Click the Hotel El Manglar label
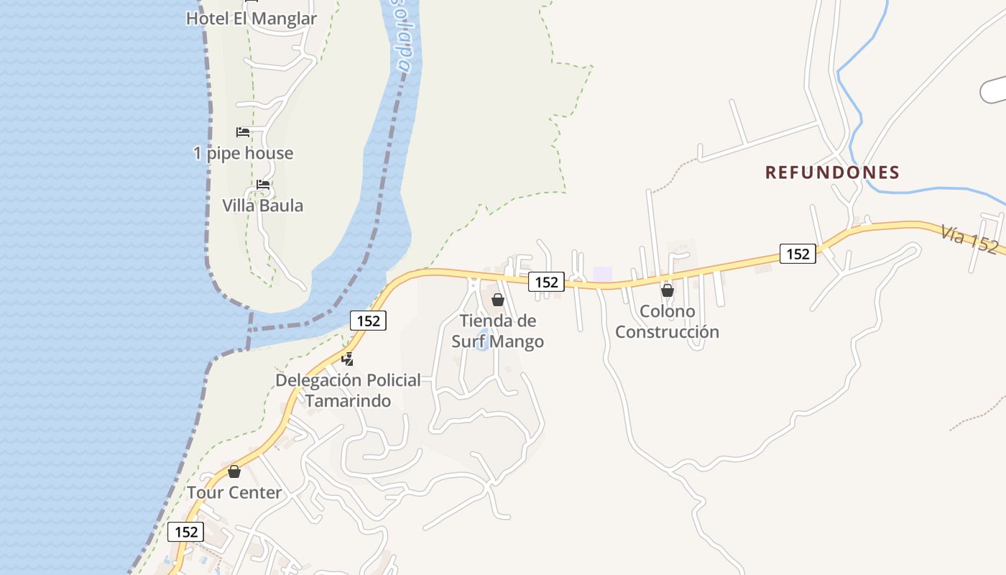pos(251,19)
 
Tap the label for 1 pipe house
pos(243,153)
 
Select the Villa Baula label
pos(262,206)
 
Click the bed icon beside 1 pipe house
pos(243,132)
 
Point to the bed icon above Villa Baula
pos(263,185)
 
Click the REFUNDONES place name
pos(832,172)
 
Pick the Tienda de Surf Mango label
pos(497,331)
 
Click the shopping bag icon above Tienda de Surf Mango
pos(497,300)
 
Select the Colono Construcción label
pos(667,321)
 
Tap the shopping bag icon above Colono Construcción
pos(668,290)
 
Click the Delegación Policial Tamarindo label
pos(349,390)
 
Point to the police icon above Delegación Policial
pos(348,359)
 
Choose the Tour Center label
pos(234,493)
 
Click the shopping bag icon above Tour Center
pos(234,471)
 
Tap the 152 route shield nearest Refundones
pos(798,254)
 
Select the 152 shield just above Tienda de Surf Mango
pos(546,282)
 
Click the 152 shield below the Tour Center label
pos(186,532)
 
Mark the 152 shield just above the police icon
pos(368,321)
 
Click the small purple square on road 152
pos(602,274)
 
